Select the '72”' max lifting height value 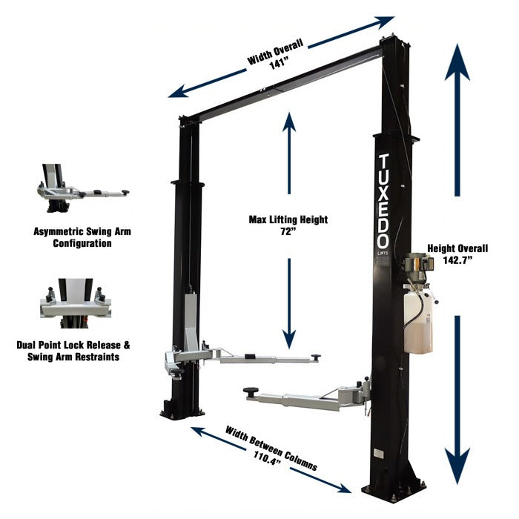pos(288,233)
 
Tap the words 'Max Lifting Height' pos(288,220)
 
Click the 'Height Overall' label pos(457,248)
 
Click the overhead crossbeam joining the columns pos(282,82)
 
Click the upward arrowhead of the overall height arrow pos(457,59)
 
